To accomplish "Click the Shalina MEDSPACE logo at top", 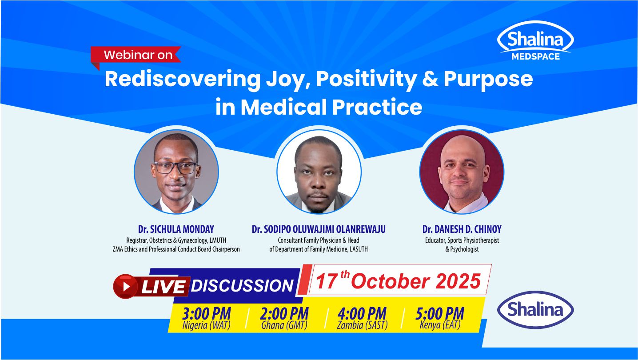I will pyautogui.click(x=535, y=41).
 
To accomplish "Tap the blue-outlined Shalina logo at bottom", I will pyautogui.click(x=535, y=310).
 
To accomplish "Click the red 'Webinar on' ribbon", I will pyautogui.click(x=137, y=55).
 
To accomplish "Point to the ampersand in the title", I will pyautogui.click(x=429, y=79).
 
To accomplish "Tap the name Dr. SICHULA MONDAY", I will pyautogui.click(x=176, y=229).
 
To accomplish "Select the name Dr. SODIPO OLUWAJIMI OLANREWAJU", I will pyautogui.click(x=319, y=229).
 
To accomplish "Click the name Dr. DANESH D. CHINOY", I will pyautogui.click(x=462, y=229).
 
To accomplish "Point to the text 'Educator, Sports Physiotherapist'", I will pyautogui.click(x=462, y=240).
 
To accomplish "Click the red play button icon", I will pyautogui.click(x=126, y=286).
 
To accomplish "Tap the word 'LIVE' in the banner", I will pyautogui.click(x=163, y=287).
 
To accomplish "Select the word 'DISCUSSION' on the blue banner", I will pyautogui.click(x=242, y=286).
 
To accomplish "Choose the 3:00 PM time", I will pyautogui.click(x=206, y=314).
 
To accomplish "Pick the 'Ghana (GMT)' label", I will pyautogui.click(x=284, y=325).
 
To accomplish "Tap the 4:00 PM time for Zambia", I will pyautogui.click(x=362, y=314).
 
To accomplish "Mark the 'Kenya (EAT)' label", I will pyautogui.click(x=439, y=325).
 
